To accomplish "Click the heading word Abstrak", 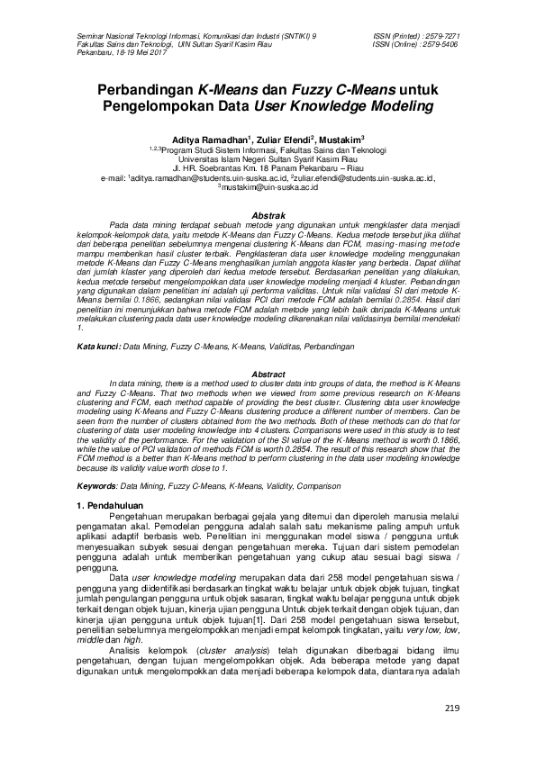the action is [268, 216].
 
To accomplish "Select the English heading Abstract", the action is [268, 374].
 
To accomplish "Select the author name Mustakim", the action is [341, 139].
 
